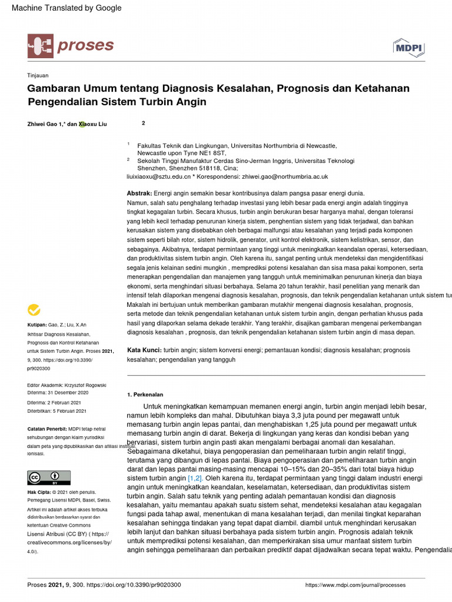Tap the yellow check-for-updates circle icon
pos(34,310)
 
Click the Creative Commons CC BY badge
pos(49,477)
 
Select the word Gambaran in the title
pos(54,88)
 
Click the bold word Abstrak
pos(139,193)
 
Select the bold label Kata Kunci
pos(144,350)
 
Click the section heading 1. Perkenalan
pos(145,394)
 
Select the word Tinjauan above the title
pos(38,75)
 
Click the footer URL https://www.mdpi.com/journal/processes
pos(355,585)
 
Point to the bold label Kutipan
pos(38,325)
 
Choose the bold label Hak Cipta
pos(39,491)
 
